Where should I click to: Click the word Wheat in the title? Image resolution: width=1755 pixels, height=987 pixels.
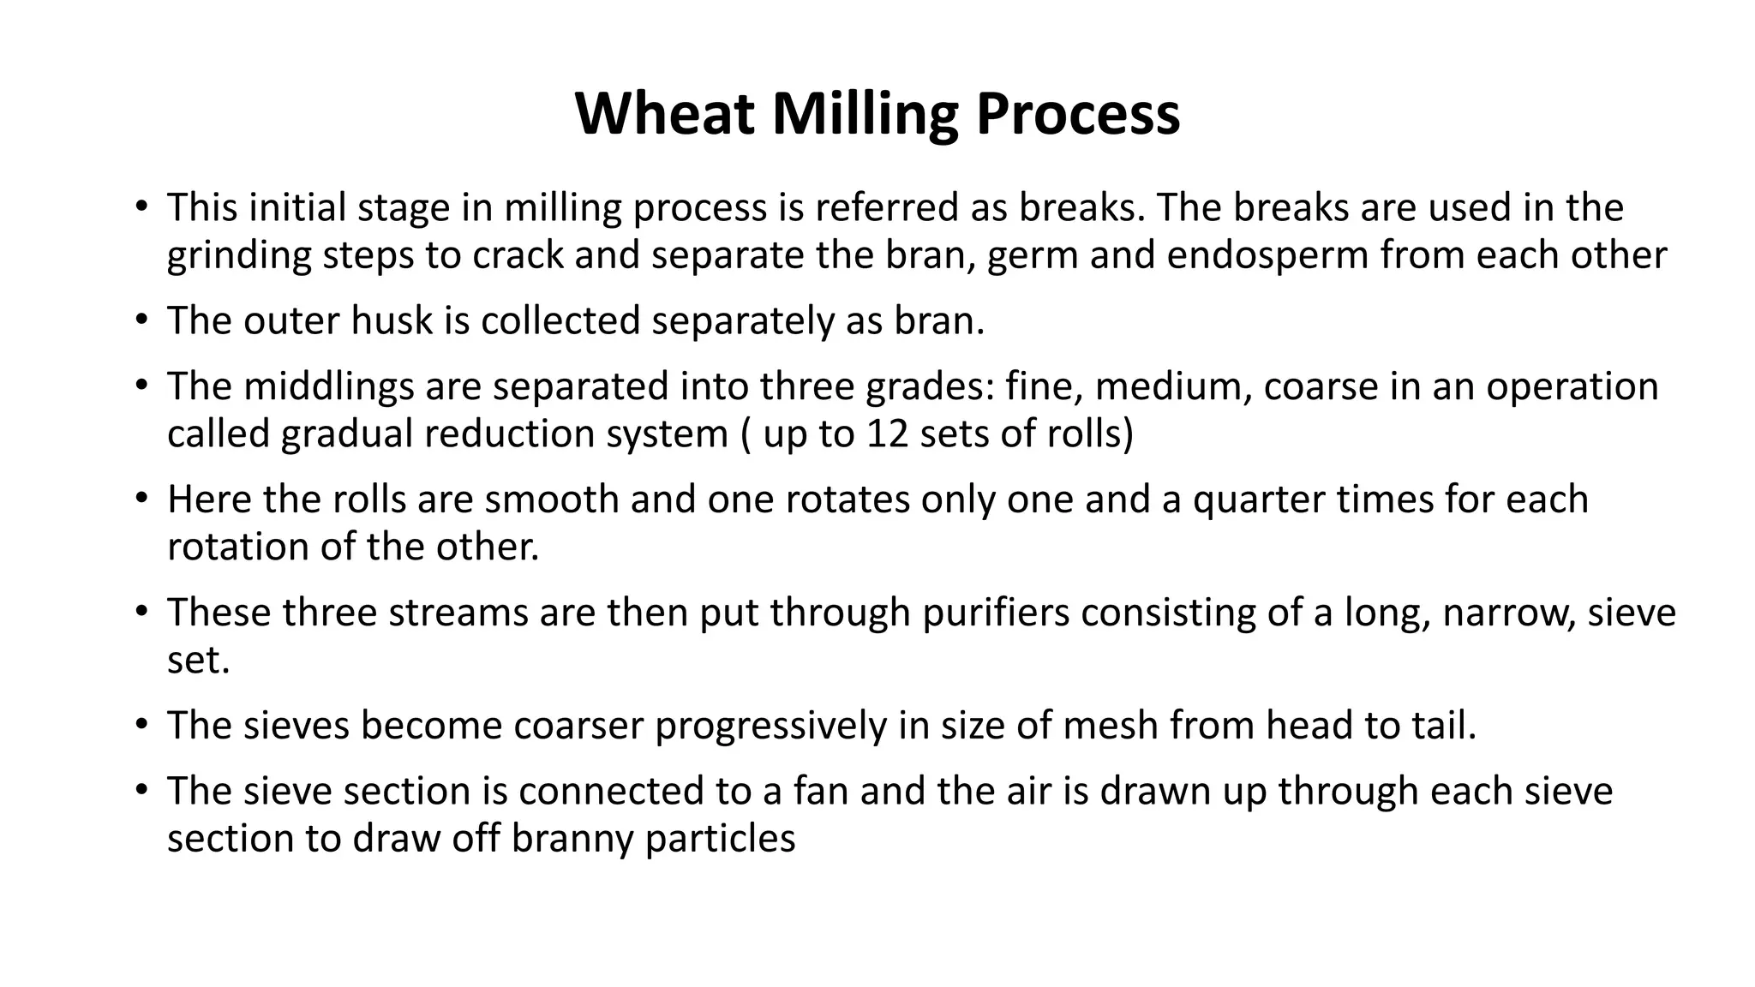[x=664, y=114]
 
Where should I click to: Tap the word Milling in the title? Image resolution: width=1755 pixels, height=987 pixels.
[x=865, y=114]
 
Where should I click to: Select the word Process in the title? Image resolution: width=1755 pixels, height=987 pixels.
[x=1077, y=114]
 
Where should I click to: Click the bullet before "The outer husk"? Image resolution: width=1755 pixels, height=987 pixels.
[x=141, y=320]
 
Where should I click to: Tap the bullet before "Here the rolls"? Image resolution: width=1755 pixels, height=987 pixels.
[x=141, y=499]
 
